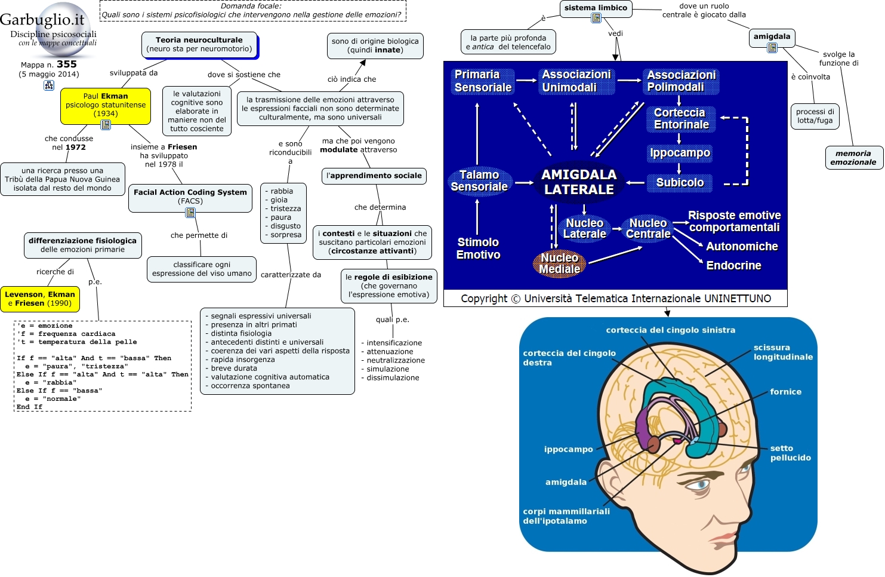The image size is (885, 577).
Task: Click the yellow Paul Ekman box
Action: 106,106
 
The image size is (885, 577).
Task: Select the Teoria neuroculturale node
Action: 199,45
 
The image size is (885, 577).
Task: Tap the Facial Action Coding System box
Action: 190,198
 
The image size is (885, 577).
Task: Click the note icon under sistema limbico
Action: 596,18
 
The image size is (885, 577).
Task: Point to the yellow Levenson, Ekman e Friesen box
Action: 40,299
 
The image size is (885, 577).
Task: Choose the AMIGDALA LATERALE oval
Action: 579,182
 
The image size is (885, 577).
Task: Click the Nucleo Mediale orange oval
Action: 559,263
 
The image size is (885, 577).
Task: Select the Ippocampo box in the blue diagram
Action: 680,153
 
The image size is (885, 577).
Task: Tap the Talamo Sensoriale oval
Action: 479,181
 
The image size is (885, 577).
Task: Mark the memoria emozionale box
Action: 853,158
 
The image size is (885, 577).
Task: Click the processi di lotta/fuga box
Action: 815,116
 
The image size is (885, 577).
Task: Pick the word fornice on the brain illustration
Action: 785,392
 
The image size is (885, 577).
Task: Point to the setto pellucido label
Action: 790,453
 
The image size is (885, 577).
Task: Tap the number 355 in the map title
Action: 66,64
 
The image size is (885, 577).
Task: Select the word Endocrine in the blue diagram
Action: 733,265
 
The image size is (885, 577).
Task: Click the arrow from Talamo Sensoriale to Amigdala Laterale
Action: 525,182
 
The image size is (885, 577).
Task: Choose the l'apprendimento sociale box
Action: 374,176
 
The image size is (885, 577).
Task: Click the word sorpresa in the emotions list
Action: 286,235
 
